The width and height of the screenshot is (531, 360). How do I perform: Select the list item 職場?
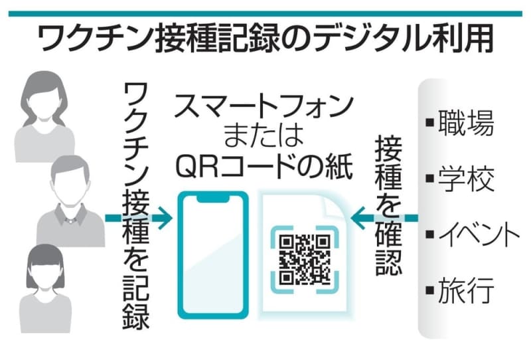(467, 124)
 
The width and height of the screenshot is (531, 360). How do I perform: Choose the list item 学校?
(467, 177)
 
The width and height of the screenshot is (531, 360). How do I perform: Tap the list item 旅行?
(467, 290)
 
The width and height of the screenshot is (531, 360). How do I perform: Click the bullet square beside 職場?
(429, 122)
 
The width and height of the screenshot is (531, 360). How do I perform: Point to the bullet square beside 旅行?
(429, 289)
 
